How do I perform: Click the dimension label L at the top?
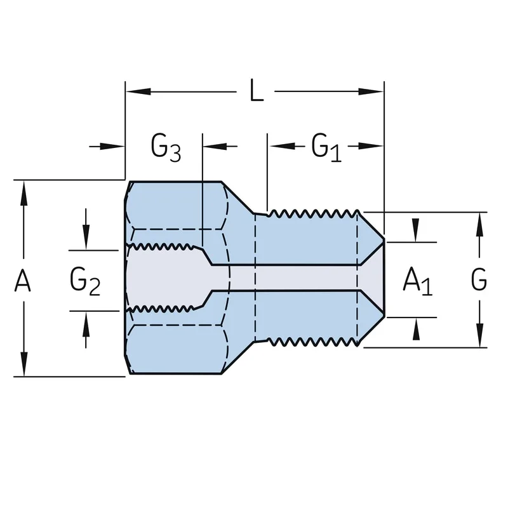[257, 90]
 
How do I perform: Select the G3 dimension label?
[166, 147]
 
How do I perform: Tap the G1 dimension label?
[326, 147]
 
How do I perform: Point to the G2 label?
[85, 281]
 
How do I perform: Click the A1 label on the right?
[418, 281]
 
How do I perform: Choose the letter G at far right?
[479, 279]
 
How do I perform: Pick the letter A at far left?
[23, 281]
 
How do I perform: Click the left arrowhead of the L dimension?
[138, 91]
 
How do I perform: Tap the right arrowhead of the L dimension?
[371, 91]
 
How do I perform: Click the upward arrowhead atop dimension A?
[23, 193]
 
